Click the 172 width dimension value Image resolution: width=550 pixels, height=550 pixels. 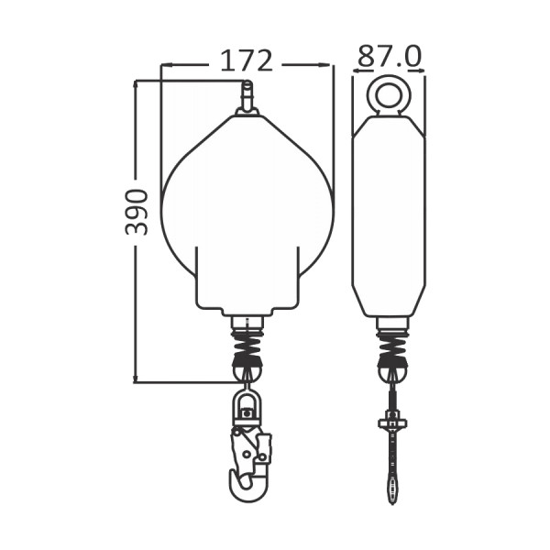pyautogui.click(x=247, y=61)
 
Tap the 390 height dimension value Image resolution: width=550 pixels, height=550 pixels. pyautogui.click(x=137, y=212)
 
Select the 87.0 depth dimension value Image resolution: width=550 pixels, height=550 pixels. pyautogui.click(x=390, y=56)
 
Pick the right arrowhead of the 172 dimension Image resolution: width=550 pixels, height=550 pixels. pyautogui.click(x=324, y=65)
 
